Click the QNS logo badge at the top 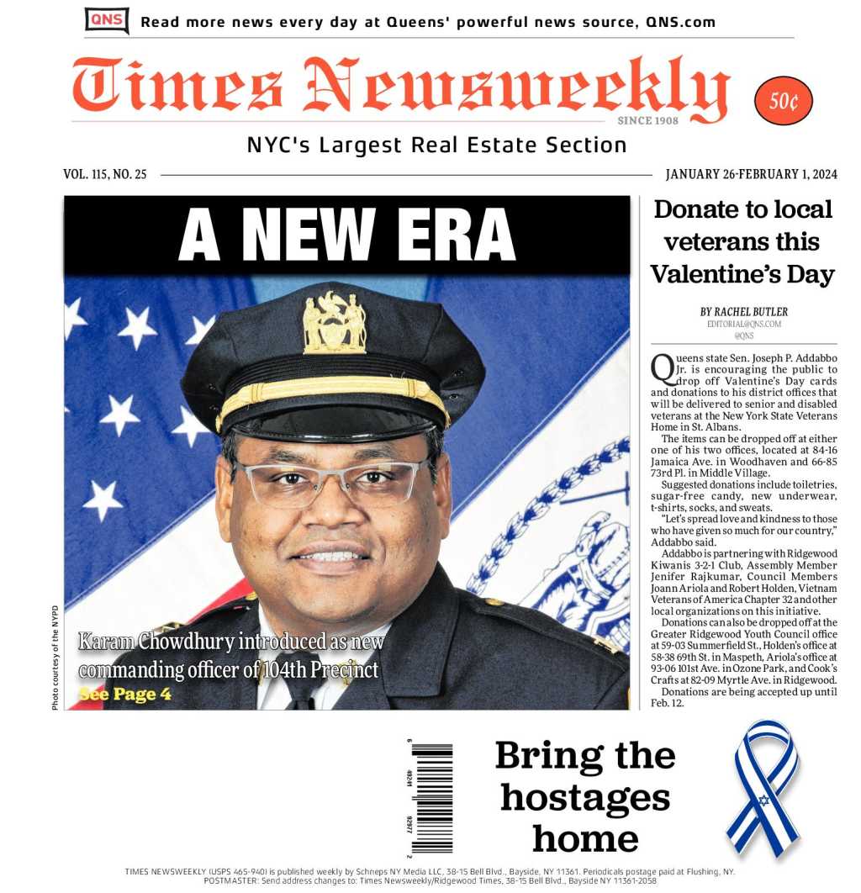click(x=107, y=20)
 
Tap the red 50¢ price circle click(x=783, y=101)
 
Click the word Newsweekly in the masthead click(x=515, y=89)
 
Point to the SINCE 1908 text click(x=647, y=121)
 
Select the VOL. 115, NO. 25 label click(x=105, y=175)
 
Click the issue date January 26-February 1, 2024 click(x=751, y=175)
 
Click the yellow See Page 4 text click(x=124, y=695)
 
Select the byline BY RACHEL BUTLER click(x=743, y=312)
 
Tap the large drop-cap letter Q click(x=662, y=367)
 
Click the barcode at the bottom click(x=431, y=797)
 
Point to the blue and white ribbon click(x=762, y=786)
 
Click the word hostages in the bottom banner click(x=584, y=796)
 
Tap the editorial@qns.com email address click(x=743, y=324)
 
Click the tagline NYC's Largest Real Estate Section click(x=436, y=145)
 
